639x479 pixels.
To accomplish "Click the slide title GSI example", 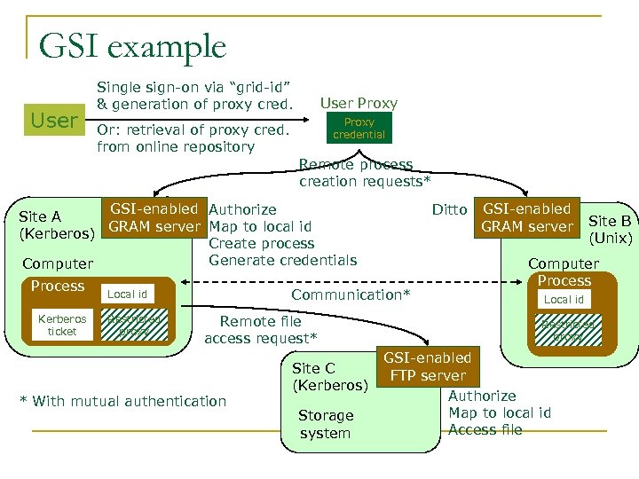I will [x=133, y=45].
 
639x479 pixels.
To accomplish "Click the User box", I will [x=54, y=120].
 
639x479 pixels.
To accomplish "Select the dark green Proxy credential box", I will [x=359, y=129].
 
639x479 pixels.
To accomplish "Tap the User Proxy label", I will [x=359, y=104].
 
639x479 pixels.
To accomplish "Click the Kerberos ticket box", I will [x=62, y=325].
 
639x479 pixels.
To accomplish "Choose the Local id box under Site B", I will [x=564, y=300].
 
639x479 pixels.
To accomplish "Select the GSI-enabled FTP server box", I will [x=427, y=366].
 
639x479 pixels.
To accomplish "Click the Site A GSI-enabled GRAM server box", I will [x=154, y=217].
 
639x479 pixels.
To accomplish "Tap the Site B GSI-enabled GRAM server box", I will [x=526, y=217].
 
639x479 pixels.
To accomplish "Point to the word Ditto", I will [x=449, y=209].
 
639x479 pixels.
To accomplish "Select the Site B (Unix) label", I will [x=611, y=230].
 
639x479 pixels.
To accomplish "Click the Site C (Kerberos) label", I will [x=330, y=376].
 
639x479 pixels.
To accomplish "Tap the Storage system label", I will [x=325, y=424].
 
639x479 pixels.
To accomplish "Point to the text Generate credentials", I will [x=282, y=260].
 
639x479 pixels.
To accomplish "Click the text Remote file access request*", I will [x=261, y=330].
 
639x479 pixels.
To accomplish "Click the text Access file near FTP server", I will [x=485, y=430].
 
